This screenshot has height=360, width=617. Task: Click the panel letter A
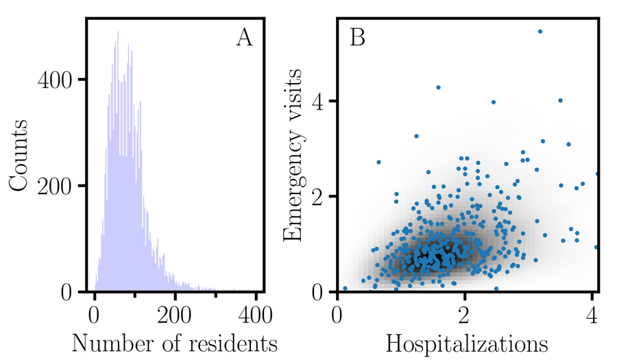[244, 38]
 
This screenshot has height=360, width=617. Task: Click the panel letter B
[357, 38]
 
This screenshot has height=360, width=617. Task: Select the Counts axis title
[19, 154]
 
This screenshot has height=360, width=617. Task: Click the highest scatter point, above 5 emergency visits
[540, 32]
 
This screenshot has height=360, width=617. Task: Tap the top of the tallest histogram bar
[117, 32]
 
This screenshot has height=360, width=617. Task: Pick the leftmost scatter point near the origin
[345, 289]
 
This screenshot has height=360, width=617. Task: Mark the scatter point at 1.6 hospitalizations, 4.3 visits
[438, 87]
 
